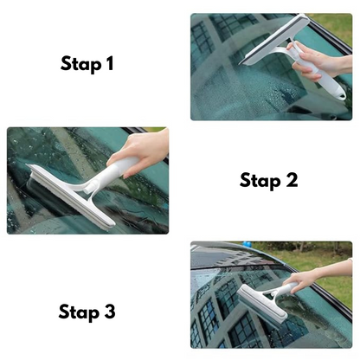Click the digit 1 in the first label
[x=110, y=64]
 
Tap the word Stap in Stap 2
[x=260, y=180]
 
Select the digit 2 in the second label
[x=292, y=180]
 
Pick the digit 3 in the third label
[x=111, y=311]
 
